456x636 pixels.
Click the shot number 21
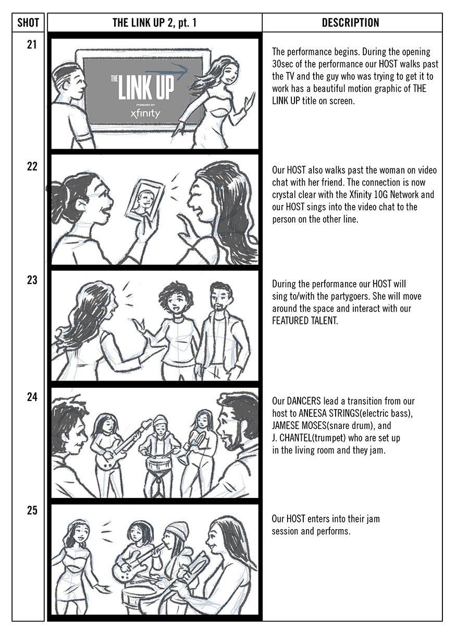(x=32, y=45)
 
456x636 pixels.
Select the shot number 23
(x=32, y=280)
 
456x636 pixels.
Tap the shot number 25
(x=32, y=511)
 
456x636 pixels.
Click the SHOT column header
(x=28, y=23)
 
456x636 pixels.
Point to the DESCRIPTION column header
(x=350, y=23)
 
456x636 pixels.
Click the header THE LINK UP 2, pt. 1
(x=154, y=23)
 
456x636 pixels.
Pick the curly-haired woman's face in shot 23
(x=171, y=300)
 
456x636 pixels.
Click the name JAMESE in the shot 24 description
(x=288, y=426)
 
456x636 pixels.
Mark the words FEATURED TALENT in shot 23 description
(x=305, y=321)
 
